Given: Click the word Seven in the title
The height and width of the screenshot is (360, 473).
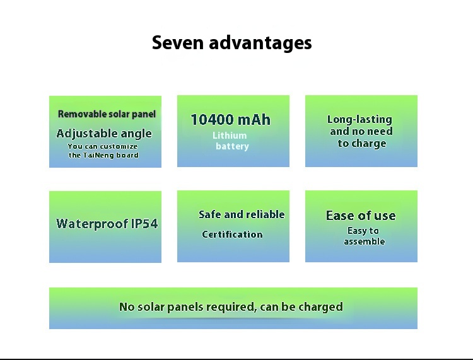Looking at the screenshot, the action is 178,42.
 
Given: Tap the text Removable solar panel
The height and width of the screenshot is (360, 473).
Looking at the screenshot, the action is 107,114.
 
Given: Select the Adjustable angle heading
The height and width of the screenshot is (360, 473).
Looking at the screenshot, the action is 104,134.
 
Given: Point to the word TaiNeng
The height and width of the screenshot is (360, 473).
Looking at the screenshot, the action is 98,155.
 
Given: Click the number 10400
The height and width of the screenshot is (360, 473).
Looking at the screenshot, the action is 213,119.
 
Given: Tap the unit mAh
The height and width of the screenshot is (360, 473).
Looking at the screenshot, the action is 254,119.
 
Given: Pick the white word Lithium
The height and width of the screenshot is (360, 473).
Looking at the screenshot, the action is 230,136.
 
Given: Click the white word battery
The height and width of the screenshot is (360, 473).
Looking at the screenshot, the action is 232,146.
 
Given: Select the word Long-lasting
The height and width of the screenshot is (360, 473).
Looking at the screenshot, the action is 359,119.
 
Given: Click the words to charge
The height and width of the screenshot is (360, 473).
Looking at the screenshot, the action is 362,144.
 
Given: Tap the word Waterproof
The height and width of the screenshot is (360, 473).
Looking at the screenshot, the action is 92,224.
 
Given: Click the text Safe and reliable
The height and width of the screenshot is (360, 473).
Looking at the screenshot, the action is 242,214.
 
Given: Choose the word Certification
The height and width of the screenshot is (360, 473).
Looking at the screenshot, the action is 232,235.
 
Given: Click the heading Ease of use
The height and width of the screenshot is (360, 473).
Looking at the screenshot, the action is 361,216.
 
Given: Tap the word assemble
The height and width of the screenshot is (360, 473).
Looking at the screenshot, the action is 365,241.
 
